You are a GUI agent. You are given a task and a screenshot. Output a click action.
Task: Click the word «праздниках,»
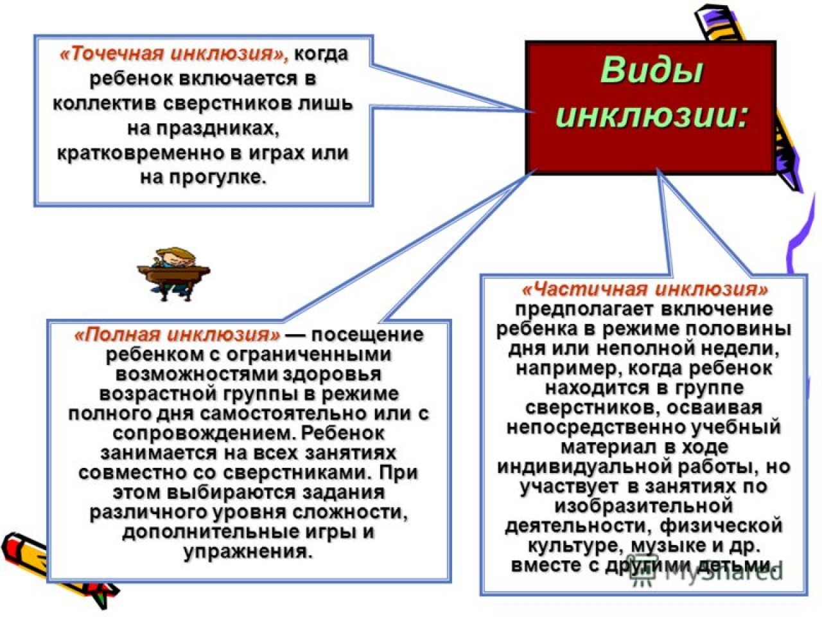[x=204, y=128]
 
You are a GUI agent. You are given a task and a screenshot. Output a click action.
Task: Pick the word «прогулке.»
[x=218, y=177]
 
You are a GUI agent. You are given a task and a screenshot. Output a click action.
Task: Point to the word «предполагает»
[x=583, y=309]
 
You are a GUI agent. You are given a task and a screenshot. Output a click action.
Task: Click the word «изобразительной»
[x=643, y=506]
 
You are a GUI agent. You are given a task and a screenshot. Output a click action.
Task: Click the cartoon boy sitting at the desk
[x=173, y=274]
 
